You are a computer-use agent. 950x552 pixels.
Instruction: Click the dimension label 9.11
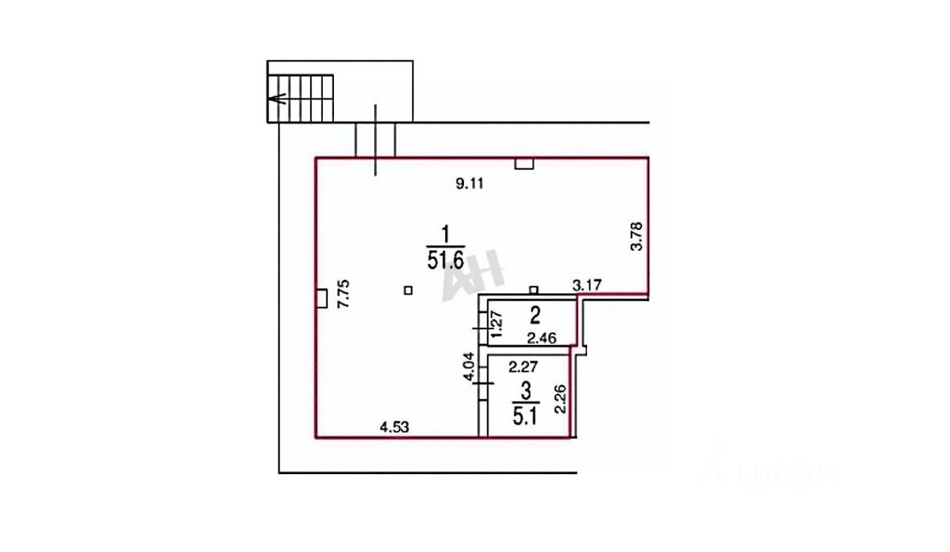pyautogui.click(x=469, y=185)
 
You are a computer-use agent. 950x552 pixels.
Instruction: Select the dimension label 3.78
pyautogui.click(x=636, y=237)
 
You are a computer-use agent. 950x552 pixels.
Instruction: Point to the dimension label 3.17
pyautogui.click(x=586, y=283)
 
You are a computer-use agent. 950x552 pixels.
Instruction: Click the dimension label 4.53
pyautogui.click(x=394, y=427)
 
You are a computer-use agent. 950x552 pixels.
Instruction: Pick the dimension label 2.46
pyautogui.click(x=542, y=339)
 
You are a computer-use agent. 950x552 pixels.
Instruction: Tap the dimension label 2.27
pyautogui.click(x=523, y=365)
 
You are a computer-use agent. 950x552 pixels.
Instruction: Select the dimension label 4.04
pyautogui.click(x=468, y=367)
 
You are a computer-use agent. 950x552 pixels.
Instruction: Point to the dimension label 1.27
pyautogui.click(x=498, y=324)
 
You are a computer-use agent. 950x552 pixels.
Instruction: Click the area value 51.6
pyautogui.click(x=445, y=260)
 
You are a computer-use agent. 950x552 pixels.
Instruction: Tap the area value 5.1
pyautogui.click(x=525, y=414)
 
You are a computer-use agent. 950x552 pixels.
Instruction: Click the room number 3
pyautogui.click(x=525, y=390)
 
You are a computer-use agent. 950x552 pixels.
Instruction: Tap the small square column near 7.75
pyautogui.click(x=407, y=290)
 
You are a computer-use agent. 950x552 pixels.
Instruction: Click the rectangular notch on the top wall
pyautogui.click(x=524, y=164)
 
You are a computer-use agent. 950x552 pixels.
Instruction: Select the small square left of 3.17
pyautogui.click(x=534, y=289)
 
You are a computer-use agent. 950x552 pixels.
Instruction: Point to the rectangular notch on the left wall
pyautogui.click(x=321, y=298)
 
